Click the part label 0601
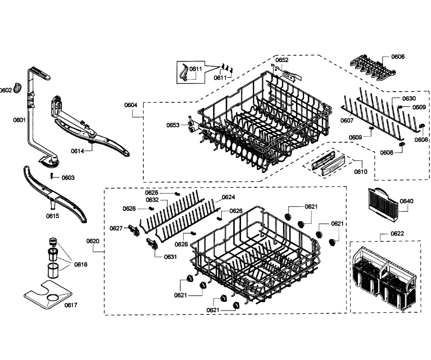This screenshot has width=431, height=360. [x=19, y=120]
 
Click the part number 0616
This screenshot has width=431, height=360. [x=81, y=265]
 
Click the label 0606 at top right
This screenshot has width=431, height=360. [x=398, y=57]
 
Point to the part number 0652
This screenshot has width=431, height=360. [x=282, y=60]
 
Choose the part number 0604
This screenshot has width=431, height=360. [x=131, y=105]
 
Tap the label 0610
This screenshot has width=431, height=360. [x=361, y=172]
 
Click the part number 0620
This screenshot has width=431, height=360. [x=93, y=241]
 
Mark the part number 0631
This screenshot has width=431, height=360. [x=170, y=257]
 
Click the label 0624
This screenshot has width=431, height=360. [x=228, y=197]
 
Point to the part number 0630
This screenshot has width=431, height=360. [x=409, y=98]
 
